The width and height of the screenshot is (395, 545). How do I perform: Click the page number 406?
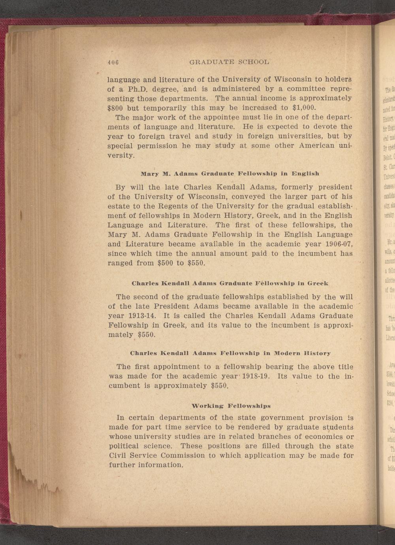113,62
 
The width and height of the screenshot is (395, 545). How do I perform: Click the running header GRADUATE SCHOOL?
229,62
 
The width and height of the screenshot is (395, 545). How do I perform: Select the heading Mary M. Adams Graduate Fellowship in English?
230,173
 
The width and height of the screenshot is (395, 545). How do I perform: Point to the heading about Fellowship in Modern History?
230,353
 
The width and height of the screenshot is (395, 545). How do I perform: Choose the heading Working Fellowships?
231,406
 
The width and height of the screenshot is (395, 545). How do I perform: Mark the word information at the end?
161,465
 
